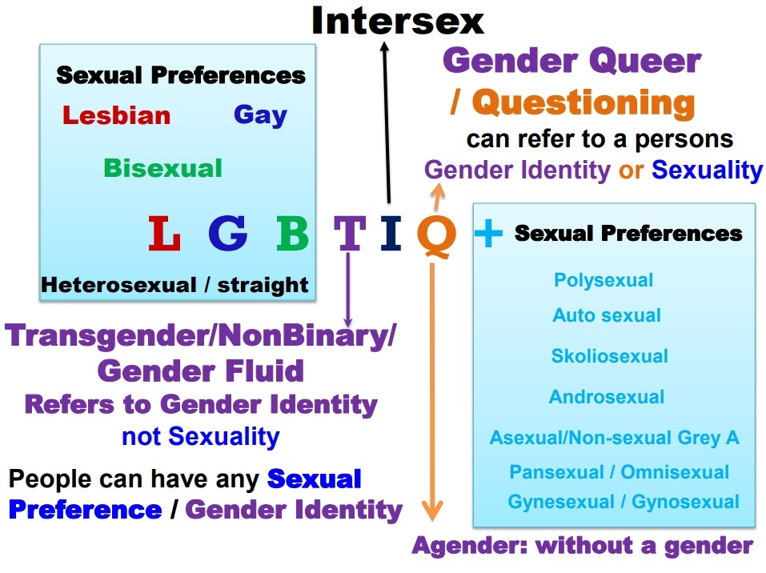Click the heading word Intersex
coord(398,21)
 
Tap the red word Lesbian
coord(116,116)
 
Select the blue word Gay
coord(260,116)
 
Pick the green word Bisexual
coord(162,168)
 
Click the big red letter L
coord(164,233)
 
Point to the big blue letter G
coord(227,233)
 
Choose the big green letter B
coord(292,233)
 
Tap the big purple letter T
coord(350,233)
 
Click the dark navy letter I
coord(391,233)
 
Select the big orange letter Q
coord(437,235)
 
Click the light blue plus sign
coord(488,233)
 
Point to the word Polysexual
coord(604,280)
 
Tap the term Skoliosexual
coord(609,355)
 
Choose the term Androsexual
coord(607,397)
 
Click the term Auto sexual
coord(607,315)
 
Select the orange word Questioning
coord(584,103)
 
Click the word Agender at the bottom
coord(470,546)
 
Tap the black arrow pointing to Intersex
coord(387,122)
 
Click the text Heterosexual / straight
coord(174,285)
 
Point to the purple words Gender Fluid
coord(200,371)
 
